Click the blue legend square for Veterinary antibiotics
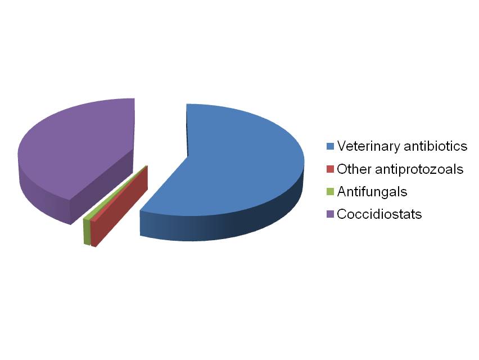(330, 146)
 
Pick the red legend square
(330, 169)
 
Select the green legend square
(330, 192)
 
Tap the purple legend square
(330, 214)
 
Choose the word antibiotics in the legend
(436, 146)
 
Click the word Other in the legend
(354, 169)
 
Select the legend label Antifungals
(372, 192)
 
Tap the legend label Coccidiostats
(379, 214)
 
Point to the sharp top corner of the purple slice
(134, 98)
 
